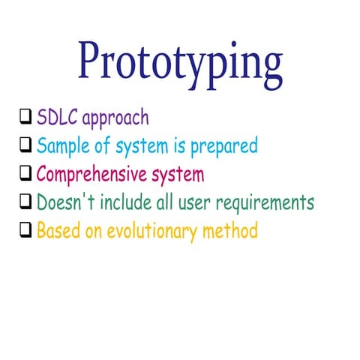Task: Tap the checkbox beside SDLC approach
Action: pyautogui.click(x=25, y=117)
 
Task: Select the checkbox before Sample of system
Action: pyautogui.click(x=25, y=145)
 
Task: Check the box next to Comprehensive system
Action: pyautogui.click(x=25, y=174)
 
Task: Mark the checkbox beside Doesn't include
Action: pyautogui.click(x=25, y=202)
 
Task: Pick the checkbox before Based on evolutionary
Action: pyautogui.click(x=25, y=231)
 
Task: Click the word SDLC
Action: pyautogui.click(x=58, y=118)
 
